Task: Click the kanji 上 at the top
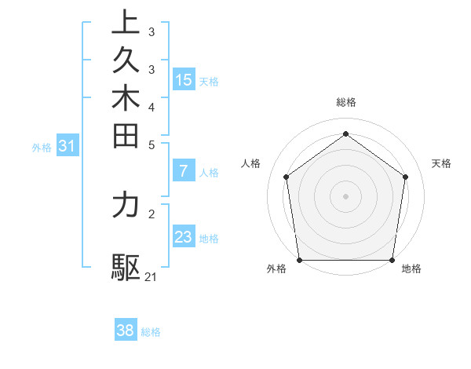[126, 23]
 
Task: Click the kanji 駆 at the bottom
[126, 268]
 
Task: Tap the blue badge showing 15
[184, 79]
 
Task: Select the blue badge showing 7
[184, 171]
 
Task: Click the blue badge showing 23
[184, 237]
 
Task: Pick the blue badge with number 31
[68, 145]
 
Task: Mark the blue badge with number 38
[126, 331]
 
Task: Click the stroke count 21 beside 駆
[152, 277]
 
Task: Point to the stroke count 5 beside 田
[152, 144]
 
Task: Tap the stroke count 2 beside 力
[152, 213]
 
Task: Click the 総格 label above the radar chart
[345, 102]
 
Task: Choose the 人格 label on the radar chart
[251, 163]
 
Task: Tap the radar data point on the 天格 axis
[406, 177]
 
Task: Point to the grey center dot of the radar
[345, 195]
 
